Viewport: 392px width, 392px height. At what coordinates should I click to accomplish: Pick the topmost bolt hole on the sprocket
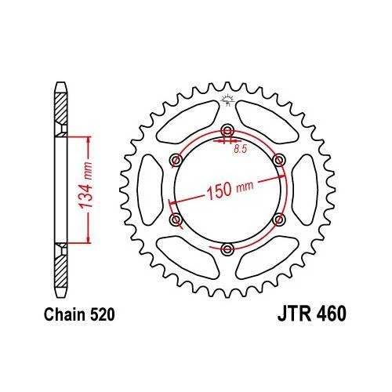click(x=227, y=130)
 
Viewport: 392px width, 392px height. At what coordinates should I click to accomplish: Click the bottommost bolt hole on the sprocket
click(x=227, y=249)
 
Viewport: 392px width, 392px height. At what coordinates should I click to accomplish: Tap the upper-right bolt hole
click(x=279, y=160)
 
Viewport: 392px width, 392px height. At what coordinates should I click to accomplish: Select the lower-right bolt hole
click(x=279, y=220)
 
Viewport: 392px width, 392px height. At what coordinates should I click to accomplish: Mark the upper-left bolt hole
click(x=176, y=160)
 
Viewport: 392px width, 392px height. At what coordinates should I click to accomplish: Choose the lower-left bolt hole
click(x=176, y=220)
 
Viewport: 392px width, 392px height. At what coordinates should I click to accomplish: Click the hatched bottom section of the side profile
click(x=62, y=270)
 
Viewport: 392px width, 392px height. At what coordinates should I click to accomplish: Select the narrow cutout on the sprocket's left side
click(x=150, y=190)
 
